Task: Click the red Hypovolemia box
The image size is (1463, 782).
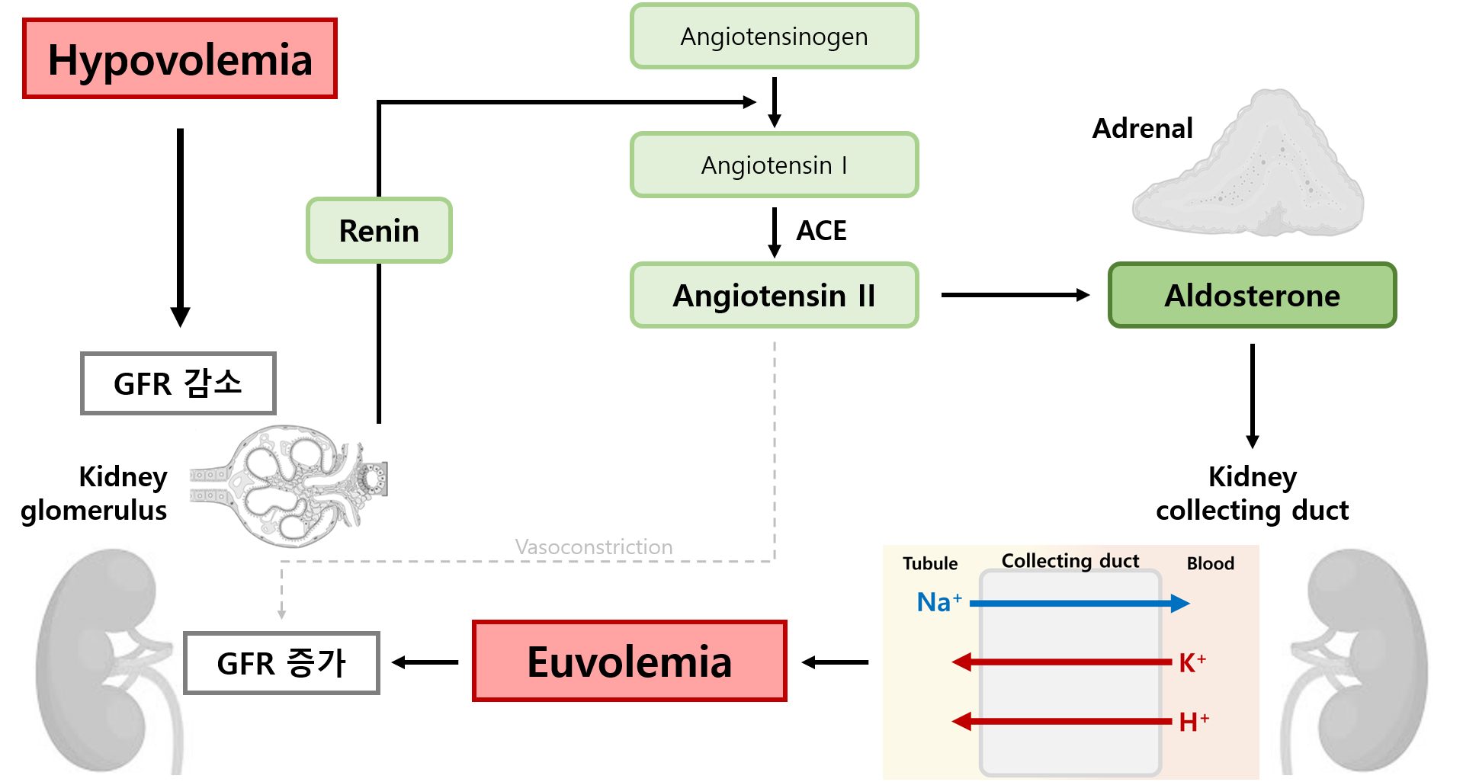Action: (x=180, y=59)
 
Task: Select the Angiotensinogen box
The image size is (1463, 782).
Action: (x=774, y=37)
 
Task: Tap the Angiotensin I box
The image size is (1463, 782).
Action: (x=774, y=165)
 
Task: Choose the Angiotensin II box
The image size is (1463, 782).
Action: (x=774, y=296)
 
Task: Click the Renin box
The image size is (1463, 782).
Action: (x=379, y=231)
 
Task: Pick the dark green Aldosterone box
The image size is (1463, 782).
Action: (x=1252, y=296)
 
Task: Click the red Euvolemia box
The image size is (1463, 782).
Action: (x=629, y=662)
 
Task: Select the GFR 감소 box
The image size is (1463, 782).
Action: (x=178, y=383)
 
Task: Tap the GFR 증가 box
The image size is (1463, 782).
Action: (x=281, y=663)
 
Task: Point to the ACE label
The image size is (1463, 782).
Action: (x=821, y=230)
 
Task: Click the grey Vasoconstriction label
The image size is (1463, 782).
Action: (x=593, y=547)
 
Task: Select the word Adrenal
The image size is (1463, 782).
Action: (x=1142, y=129)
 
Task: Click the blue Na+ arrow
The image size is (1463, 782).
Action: (x=1079, y=604)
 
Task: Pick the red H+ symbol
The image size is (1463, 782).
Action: (x=1193, y=722)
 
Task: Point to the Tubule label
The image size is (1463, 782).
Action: (x=930, y=564)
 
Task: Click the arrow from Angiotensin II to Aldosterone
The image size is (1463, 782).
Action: (x=1015, y=295)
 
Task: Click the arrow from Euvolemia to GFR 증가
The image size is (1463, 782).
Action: (x=425, y=663)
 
